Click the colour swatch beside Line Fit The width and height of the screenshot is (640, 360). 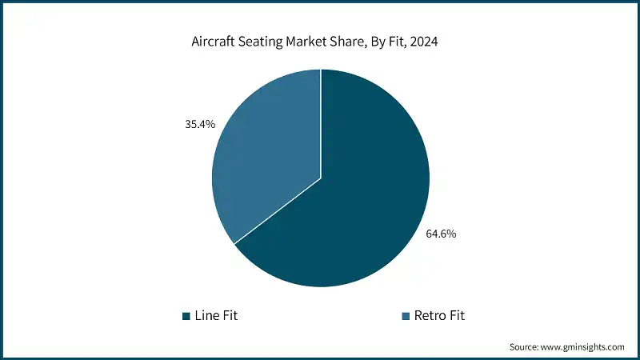(186, 316)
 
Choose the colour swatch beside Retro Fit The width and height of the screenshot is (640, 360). (406, 316)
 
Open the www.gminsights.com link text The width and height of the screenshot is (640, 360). (584, 347)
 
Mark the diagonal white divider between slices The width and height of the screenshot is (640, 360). (277, 211)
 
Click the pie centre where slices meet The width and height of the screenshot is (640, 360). (321, 178)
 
